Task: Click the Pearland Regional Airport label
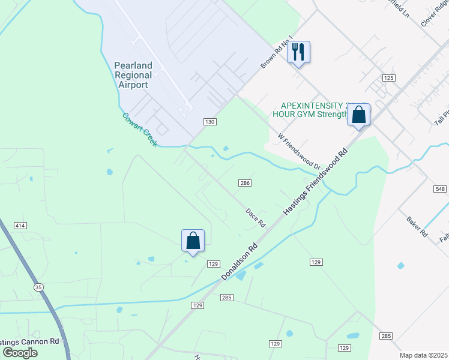[x=133, y=75]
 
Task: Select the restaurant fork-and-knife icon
[x=298, y=52]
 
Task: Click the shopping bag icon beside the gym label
[x=358, y=115]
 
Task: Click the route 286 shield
[x=244, y=183]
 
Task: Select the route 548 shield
[x=440, y=188]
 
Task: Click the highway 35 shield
[x=39, y=287]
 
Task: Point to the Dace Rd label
[x=255, y=217]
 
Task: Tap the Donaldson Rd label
[x=238, y=261]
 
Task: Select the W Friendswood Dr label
[x=300, y=151]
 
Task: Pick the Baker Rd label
[x=416, y=226]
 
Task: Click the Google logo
[x=20, y=352]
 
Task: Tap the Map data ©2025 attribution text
[x=423, y=355]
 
